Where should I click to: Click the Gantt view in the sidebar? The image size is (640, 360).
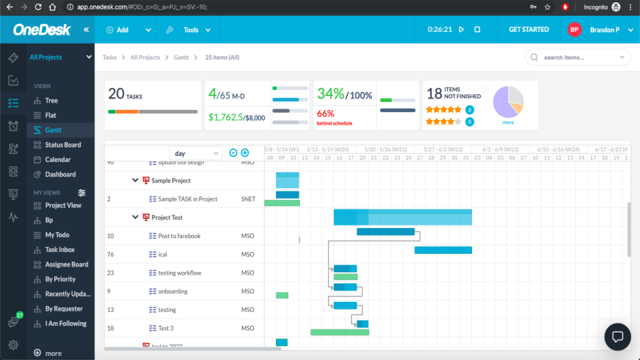point(53,130)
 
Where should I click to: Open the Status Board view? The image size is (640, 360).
point(63,145)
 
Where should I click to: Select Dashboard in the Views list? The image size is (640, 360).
point(60,174)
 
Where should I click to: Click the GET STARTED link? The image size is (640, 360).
point(529,29)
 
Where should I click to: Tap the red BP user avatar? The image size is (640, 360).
point(574,30)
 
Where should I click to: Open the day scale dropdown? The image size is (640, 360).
point(195,153)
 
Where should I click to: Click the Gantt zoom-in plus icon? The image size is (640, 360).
point(245,153)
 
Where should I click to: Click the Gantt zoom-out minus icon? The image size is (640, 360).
point(233,153)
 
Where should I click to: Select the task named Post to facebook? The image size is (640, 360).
point(179,236)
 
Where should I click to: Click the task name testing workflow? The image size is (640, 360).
point(179,273)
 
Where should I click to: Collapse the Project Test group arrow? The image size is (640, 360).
point(135,217)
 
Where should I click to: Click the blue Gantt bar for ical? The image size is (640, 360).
point(443,250)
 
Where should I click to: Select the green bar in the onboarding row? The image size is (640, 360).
point(282,295)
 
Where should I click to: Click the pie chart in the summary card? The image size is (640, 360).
point(508,103)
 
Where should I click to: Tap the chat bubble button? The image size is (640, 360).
point(617,337)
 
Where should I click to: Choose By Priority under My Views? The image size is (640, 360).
point(60,279)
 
